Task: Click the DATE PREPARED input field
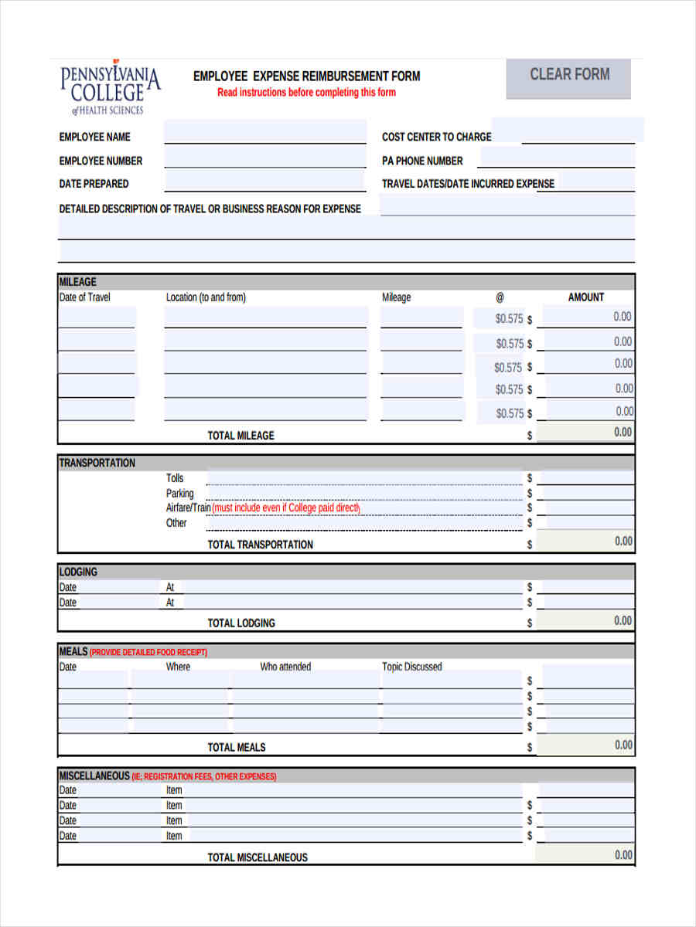[264, 182]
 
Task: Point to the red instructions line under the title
[306, 93]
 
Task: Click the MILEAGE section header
[78, 282]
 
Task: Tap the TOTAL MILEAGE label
[241, 436]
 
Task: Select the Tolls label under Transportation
[175, 478]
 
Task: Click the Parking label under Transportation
[179, 494]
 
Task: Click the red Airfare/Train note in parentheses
[286, 508]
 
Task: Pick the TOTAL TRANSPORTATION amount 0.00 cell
[585, 541]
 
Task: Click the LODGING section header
[78, 572]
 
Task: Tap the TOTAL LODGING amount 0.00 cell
[585, 621]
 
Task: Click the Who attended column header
[285, 667]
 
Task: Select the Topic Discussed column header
[412, 667]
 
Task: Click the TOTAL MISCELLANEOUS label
[258, 857]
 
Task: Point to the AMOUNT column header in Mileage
[586, 297]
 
